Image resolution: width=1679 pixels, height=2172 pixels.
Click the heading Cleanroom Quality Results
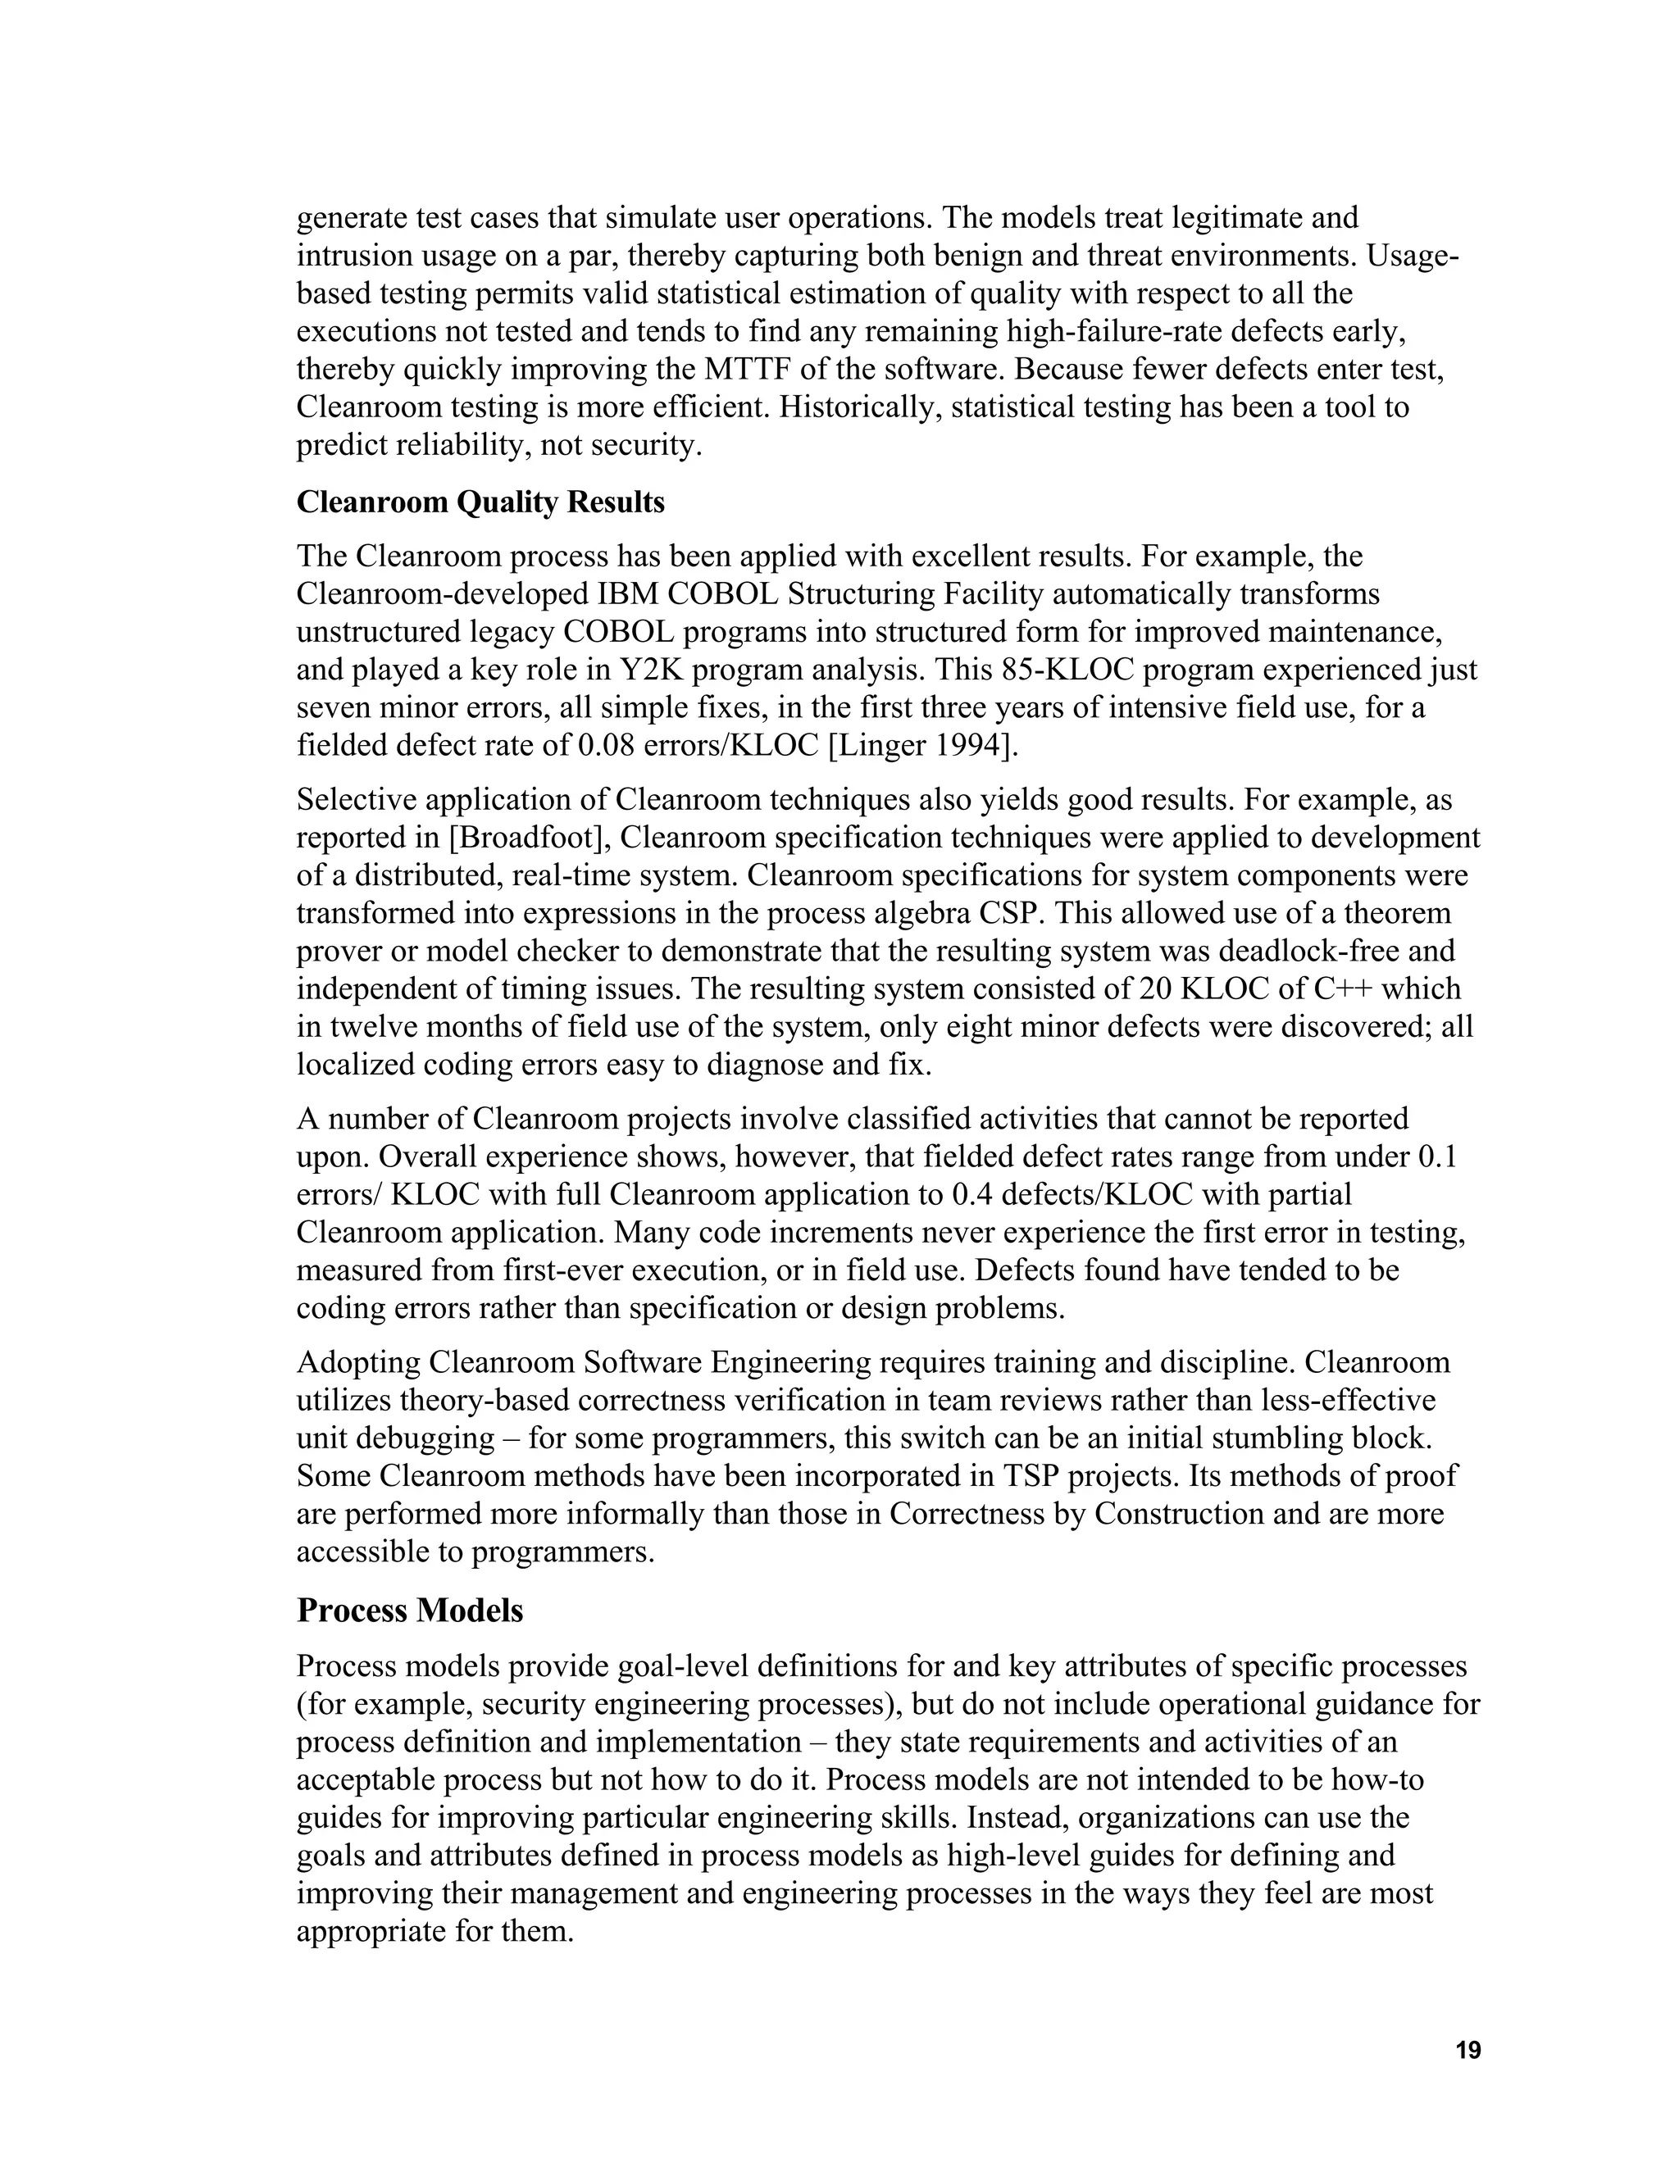tap(480, 502)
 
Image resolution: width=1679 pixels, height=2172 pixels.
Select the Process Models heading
tap(410, 1610)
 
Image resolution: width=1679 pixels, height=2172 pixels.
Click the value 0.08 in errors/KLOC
tap(607, 746)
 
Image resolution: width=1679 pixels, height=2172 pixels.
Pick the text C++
tap(1340, 989)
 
